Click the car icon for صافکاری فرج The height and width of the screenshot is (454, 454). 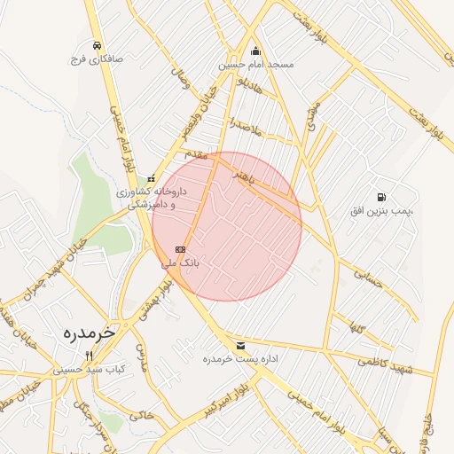(96, 45)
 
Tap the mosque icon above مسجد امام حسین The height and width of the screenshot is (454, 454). (256, 51)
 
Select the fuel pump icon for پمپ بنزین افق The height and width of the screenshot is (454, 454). (381, 196)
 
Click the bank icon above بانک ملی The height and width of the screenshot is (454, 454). (180, 250)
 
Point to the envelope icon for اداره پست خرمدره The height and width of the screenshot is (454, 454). (240, 345)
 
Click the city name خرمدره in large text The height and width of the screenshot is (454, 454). (90, 332)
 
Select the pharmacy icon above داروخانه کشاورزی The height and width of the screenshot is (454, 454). (151, 178)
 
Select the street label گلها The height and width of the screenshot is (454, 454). (358, 329)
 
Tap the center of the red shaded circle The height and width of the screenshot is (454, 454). (227, 226)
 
